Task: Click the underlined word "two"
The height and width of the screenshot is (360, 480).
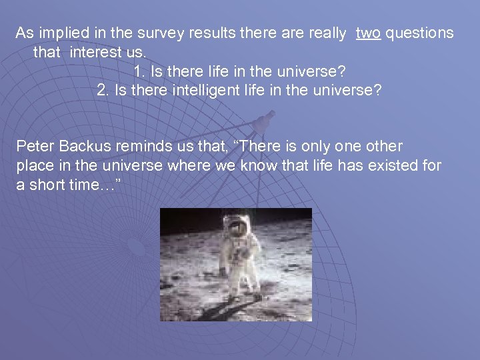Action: point(369,33)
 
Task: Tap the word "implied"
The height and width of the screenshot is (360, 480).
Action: point(63,33)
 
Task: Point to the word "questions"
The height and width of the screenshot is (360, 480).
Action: point(419,33)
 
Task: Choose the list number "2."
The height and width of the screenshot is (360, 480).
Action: point(103,90)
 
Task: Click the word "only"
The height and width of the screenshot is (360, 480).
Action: point(309,146)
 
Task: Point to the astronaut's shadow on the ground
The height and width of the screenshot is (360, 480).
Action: point(213,310)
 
